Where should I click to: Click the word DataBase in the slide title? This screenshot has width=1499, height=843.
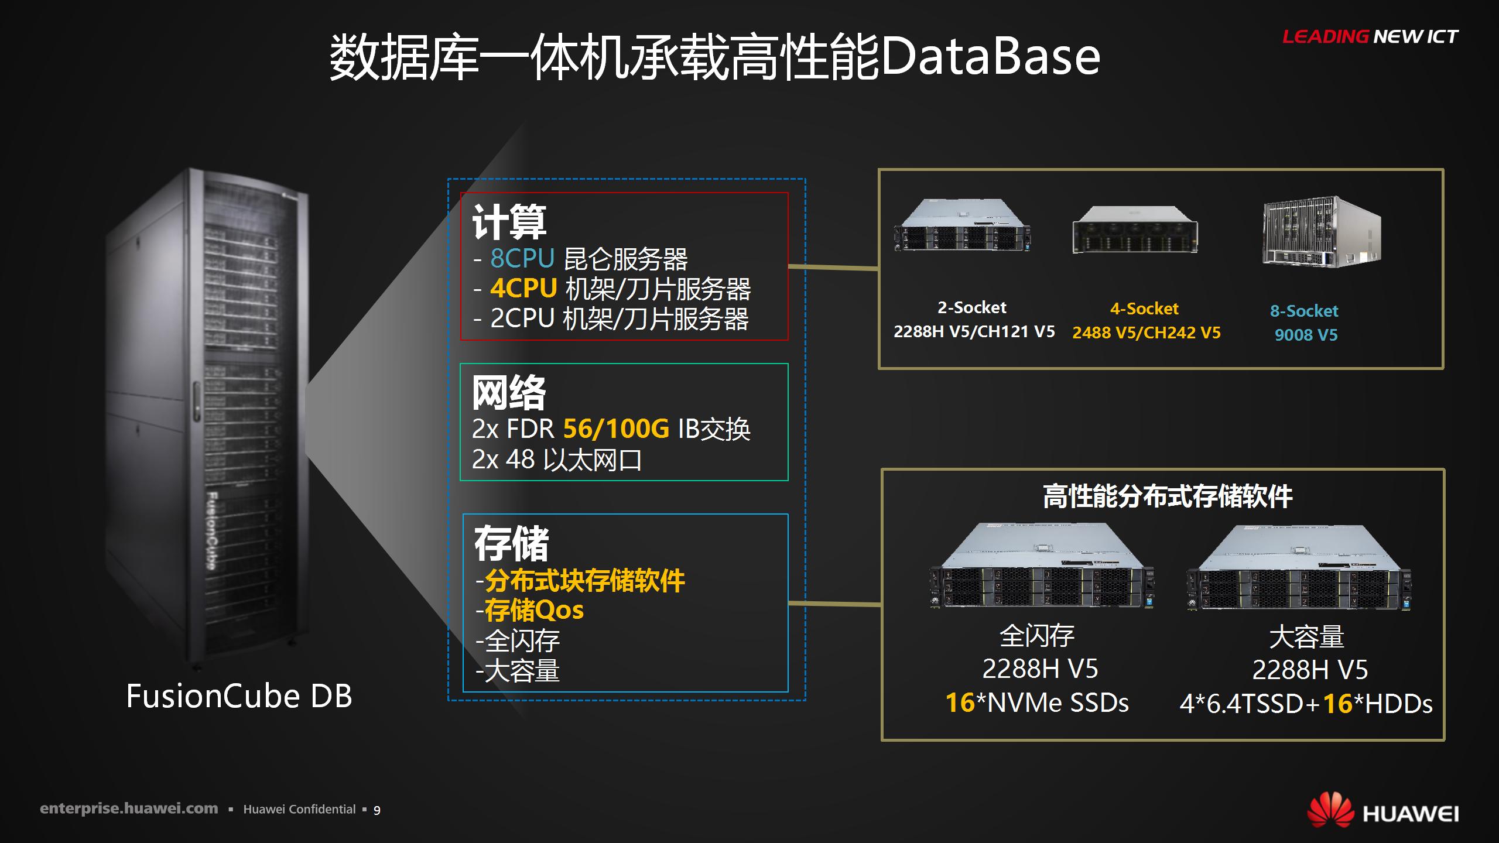click(990, 57)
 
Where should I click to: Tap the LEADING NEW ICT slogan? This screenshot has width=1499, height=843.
click(1370, 37)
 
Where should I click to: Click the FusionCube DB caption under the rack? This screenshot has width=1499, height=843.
click(239, 696)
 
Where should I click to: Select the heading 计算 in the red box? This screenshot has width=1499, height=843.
click(509, 222)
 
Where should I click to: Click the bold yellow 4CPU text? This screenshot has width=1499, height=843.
click(523, 288)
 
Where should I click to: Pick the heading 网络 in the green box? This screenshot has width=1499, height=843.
click(509, 393)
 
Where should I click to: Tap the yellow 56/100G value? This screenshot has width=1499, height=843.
click(616, 429)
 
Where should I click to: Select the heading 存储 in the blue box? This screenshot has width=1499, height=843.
click(511, 543)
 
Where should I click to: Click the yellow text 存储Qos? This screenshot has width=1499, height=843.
click(534, 611)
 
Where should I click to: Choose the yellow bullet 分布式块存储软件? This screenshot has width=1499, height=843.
click(584, 581)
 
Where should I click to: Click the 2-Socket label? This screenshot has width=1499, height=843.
click(972, 307)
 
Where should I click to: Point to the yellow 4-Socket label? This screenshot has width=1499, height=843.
click(1145, 309)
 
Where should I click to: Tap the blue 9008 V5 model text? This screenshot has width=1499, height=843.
click(1306, 335)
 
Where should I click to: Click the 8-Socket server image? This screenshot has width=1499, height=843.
click(1322, 232)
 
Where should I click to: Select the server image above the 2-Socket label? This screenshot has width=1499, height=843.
click(963, 225)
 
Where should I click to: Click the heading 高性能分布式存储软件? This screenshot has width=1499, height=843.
click(1168, 496)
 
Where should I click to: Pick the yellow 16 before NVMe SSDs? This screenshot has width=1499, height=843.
click(960, 702)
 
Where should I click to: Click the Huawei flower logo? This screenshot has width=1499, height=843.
click(1331, 811)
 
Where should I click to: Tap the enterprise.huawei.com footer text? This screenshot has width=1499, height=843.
click(129, 809)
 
